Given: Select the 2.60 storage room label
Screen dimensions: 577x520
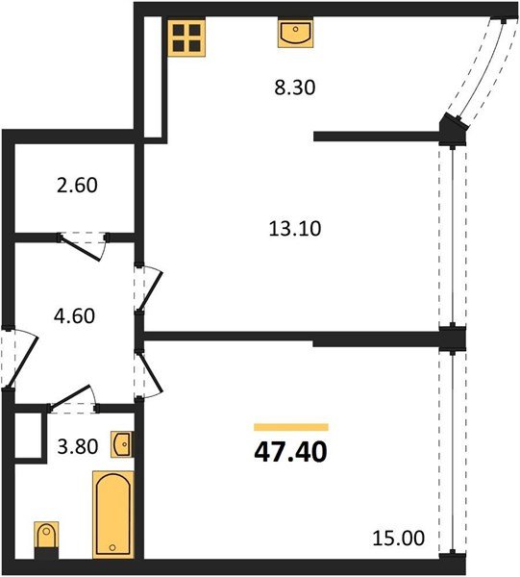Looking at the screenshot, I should pos(78,185).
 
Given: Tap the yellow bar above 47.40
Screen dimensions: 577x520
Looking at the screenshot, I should pos(291,426).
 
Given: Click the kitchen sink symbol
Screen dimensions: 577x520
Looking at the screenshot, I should pos(294,35).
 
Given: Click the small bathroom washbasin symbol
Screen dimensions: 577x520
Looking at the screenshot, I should pos(122,445).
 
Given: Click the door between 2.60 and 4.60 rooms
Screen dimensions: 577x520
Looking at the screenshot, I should pos(81,244).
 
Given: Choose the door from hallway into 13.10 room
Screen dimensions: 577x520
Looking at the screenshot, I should pos(148,288).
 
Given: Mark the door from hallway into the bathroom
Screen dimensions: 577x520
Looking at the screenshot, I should pos(73,396).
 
